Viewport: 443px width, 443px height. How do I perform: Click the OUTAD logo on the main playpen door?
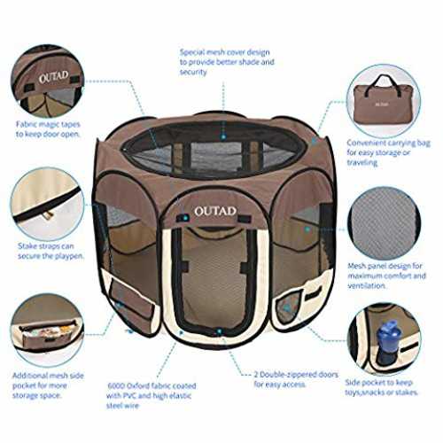(215, 211)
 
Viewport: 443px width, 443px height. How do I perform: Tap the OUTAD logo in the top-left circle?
(53, 77)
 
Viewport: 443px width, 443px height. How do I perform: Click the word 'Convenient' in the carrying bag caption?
(365, 144)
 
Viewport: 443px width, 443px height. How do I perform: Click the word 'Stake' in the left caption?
(28, 246)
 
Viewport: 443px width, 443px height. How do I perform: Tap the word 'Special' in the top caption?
(192, 52)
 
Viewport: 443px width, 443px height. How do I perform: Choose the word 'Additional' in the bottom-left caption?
(29, 376)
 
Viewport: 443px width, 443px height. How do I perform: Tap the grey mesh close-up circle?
(385, 224)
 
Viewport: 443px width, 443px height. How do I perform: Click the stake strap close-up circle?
(47, 205)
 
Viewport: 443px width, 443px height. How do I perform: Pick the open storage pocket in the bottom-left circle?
(47, 334)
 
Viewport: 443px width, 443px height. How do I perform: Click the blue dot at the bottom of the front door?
(219, 331)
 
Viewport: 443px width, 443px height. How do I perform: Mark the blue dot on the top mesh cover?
(223, 137)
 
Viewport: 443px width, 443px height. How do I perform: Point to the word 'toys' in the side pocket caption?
(352, 392)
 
